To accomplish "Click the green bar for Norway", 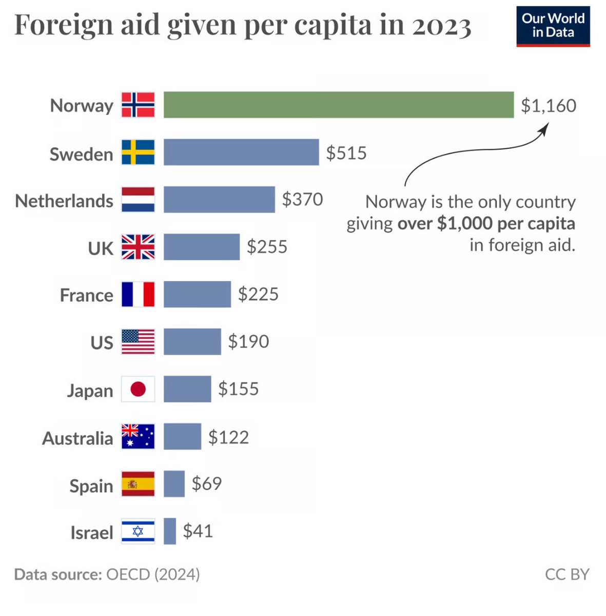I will pyautogui.click(x=339, y=105).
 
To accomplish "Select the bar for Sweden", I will pyautogui.click(x=241, y=152).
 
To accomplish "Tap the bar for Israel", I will pyautogui.click(x=170, y=531).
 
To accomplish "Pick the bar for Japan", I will pyautogui.click(x=187, y=389).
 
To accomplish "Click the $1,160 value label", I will pyautogui.click(x=548, y=105).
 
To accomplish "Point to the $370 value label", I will pyautogui.click(x=302, y=199).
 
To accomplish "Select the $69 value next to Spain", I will pyautogui.click(x=206, y=484).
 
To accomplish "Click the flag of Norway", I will pyautogui.click(x=138, y=105).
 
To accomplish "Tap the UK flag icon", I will pyautogui.click(x=138, y=247).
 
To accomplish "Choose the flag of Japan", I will pyautogui.click(x=138, y=389).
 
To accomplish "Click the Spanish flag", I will pyautogui.click(x=138, y=484).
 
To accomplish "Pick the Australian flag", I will pyautogui.click(x=138, y=436).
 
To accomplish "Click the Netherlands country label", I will pyautogui.click(x=64, y=201).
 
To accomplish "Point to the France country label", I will pyautogui.click(x=86, y=295).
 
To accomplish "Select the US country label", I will pyautogui.click(x=102, y=342).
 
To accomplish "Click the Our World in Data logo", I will pyautogui.click(x=553, y=26).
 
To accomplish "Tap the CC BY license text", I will pyautogui.click(x=567, y=574).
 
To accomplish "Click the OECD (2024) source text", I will pyautogui.click(x=153, y=574).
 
